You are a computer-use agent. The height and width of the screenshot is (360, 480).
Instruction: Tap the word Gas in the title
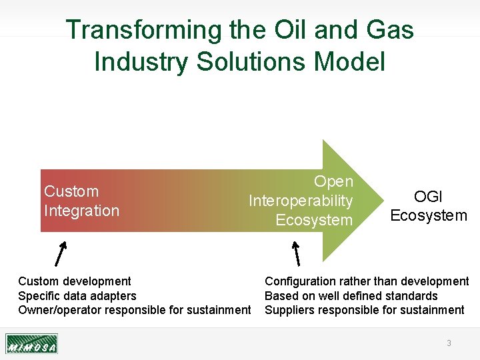click(389, 31)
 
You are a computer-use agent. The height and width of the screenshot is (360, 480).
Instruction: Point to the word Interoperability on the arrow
click(300, 201)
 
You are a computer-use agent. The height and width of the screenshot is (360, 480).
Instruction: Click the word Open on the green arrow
click(333, 181)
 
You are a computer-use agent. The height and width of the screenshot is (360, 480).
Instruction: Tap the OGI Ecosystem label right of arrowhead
click(429, 206)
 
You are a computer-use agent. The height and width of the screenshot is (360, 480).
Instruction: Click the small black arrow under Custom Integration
click(61, 253)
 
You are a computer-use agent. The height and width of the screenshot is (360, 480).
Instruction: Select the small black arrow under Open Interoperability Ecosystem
click(296, 253)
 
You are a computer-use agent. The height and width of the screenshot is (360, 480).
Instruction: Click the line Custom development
click(75, 281)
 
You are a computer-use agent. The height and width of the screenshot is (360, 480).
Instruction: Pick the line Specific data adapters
click(77, 296)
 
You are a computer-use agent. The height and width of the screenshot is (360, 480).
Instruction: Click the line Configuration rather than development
click(367, 281)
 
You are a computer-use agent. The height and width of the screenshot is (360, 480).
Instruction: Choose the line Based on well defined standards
click(351, 296)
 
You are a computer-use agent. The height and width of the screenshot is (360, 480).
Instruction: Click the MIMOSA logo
click(31, 343)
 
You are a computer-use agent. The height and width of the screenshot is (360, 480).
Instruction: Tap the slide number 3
click(449, 343)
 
